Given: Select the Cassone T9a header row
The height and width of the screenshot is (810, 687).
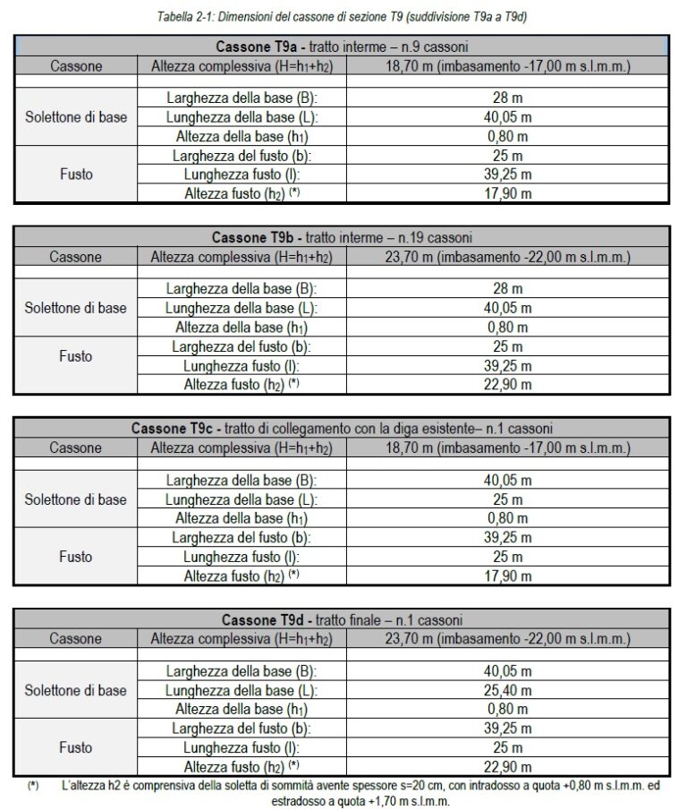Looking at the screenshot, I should tap(343, 47).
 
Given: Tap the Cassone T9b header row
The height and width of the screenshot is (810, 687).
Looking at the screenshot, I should tap(343, 237).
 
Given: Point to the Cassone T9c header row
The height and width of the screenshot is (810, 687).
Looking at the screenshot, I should tap(343, 428).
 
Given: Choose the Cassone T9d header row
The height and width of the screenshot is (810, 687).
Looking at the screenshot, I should tap(343, 619).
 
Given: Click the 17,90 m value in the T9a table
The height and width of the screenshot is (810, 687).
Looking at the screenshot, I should tap(507, 192).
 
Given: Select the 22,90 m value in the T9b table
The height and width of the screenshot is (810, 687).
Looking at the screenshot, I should tap(507, 385).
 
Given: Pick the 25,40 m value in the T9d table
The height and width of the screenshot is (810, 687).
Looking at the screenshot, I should tap(507, 690).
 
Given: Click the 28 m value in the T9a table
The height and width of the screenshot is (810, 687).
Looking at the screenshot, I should tap(507, 98).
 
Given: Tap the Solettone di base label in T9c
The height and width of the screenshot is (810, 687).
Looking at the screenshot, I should tap(76, 499).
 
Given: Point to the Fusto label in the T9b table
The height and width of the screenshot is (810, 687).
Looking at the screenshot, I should tap(76, 356).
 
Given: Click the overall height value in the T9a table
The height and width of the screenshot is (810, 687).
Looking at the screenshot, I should tap(507, 66).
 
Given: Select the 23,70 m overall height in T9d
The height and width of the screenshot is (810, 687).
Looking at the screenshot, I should tap(507, 639).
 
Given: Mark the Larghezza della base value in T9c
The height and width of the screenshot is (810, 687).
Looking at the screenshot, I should tap(507, 481).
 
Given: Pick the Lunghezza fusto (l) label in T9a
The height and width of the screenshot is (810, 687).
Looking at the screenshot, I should tap(242, 174).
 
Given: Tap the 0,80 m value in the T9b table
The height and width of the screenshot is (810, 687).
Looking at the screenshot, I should tap(507, 327).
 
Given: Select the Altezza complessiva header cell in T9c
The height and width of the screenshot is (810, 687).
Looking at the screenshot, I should tap(242, 448).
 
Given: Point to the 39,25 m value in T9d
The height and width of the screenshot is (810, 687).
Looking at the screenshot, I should tap(507, 729).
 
